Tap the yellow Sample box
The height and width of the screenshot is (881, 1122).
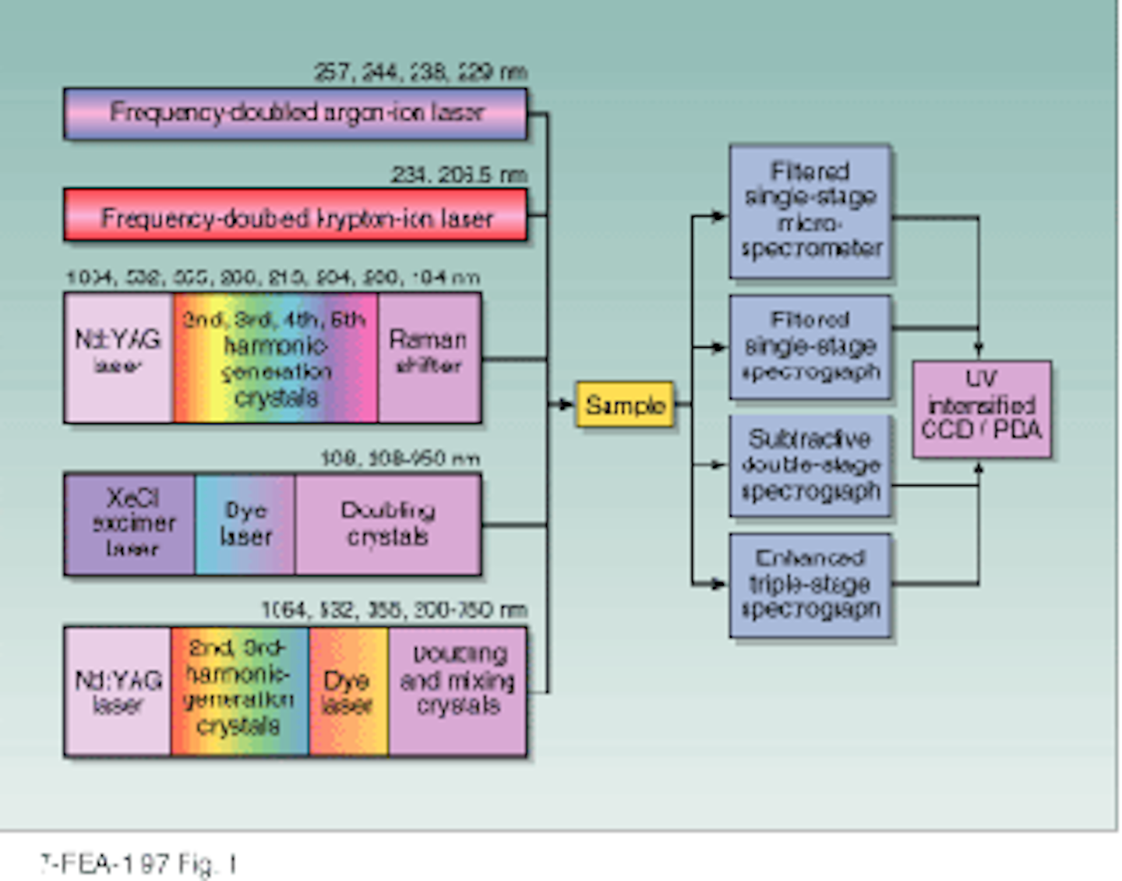[x=625, y=404]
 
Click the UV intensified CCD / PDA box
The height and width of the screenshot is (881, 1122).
[x=981, y=409]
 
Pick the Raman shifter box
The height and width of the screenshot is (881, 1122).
[x=429, y=358]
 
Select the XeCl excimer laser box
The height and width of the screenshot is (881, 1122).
[x=130, y=524]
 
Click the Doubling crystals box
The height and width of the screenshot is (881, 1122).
[x=387, y=524]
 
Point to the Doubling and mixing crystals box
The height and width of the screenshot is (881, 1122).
[x=457, y=691]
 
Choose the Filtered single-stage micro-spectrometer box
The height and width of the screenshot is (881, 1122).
[x=810, y=211]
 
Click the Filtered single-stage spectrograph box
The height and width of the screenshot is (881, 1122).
[x=810, y=347]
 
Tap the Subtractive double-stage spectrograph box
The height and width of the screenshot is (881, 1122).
[x=810, y=465]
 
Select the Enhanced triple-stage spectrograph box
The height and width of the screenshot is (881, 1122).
[x=810, y=585]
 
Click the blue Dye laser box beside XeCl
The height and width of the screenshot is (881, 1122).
[x=245, y=524]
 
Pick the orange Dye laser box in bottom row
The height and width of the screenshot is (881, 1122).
[x=348, y=691]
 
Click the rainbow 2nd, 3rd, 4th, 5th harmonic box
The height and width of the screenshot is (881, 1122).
[x=275, y=358]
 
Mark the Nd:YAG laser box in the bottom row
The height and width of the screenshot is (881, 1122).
[x=118, y=691]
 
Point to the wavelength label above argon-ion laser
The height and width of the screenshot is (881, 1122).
[x=420, y=73]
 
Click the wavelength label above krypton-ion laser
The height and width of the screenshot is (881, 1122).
[x=458, y=175]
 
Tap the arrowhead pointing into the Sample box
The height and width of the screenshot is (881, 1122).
[x=566, y=404]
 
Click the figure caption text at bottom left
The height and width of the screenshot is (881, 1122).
[x=139, y=864]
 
